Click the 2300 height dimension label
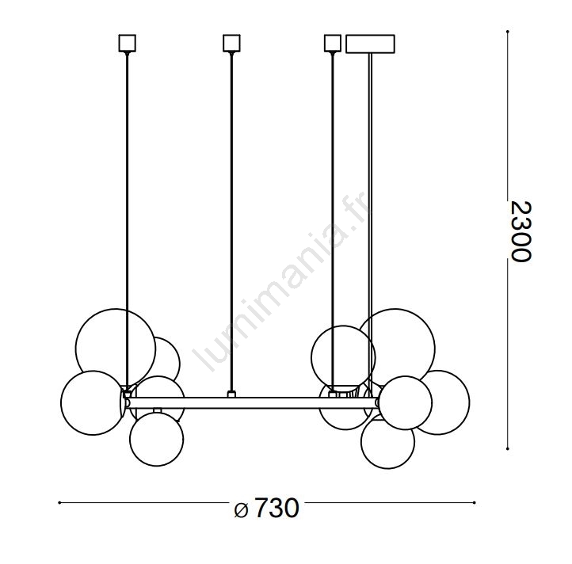click(521, 231)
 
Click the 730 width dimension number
click(276, 508)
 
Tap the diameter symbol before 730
click(241, 509)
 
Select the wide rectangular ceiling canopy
click(370, 44)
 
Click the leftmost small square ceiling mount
click(128, 43)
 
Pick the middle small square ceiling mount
click(231, 43)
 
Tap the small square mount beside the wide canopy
click(332, 43)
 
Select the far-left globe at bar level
click(61, 402)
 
